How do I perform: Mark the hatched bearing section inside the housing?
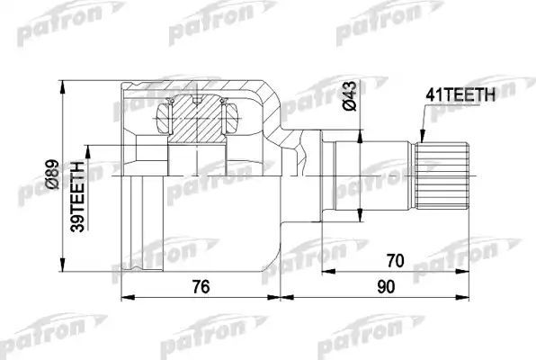coord(197,118)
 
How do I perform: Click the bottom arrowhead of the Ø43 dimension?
coord(361,219)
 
